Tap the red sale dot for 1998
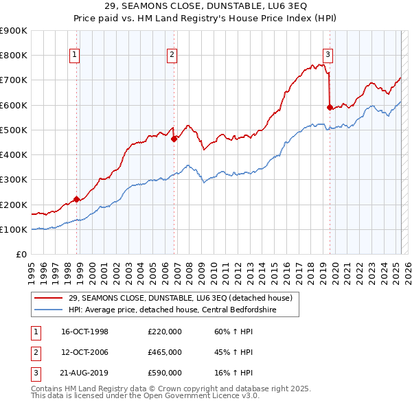77,199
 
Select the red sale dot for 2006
174,139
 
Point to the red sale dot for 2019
330,107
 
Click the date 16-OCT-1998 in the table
85,332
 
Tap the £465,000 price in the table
165,352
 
